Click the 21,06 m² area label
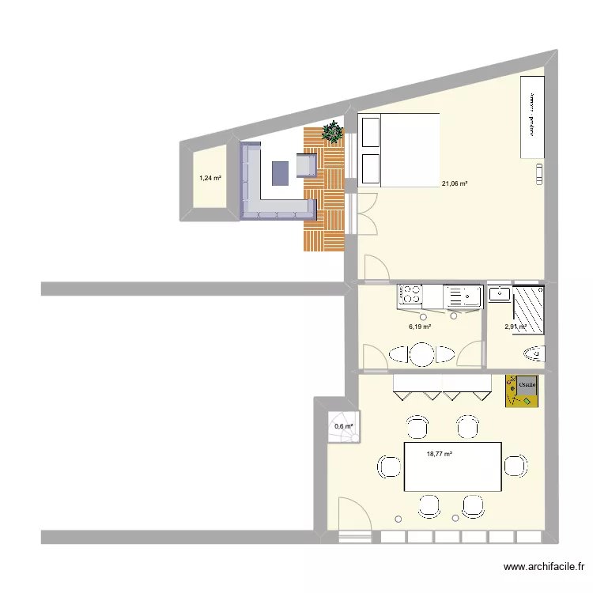[455, 183]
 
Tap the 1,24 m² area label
[210, 178]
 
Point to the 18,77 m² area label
[439, 454]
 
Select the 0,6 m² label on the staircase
[342, 426]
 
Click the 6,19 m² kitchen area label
[420, 326]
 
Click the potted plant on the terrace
[333, 132]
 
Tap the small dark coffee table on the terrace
[281, 172]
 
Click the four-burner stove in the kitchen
[410, 296]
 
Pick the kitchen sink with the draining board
[463, 296]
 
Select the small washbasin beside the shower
[500, 294]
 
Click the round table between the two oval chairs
[422, 354]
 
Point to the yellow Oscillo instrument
[523, 391]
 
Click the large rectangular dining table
[452, 466]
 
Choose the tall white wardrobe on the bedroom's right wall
[533, 117]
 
